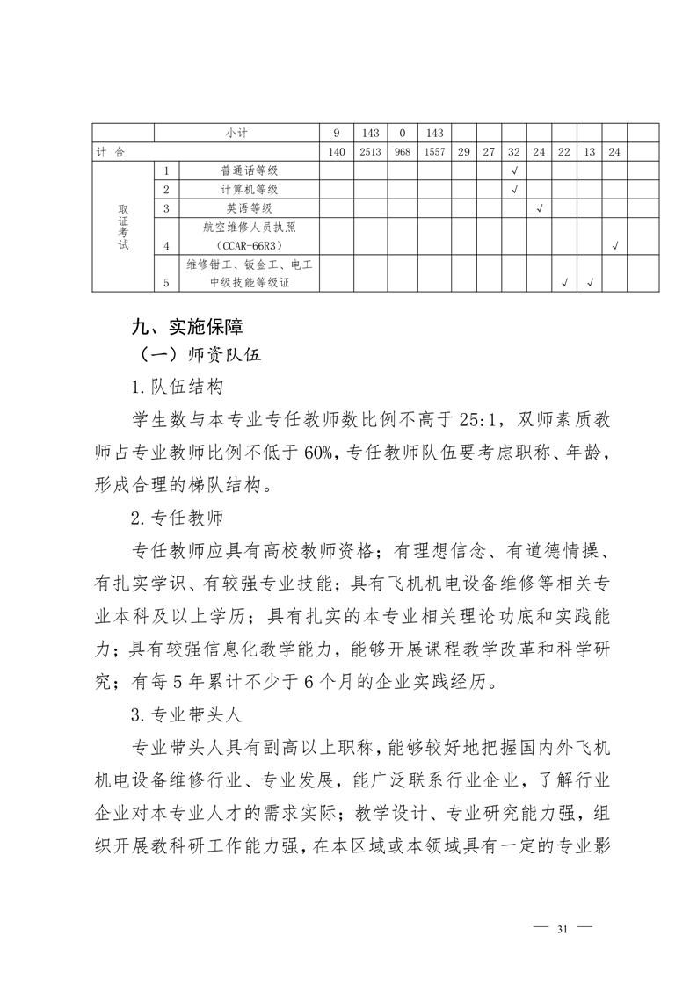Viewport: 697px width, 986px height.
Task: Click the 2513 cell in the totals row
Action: (370, 152)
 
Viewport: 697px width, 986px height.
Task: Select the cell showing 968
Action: (402, 152)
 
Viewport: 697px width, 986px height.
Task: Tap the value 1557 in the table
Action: (434, 152)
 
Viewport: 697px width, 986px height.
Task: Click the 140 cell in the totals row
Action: (336, 152)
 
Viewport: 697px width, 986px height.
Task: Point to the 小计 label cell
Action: (236, 134)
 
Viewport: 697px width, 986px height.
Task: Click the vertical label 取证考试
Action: (123, 228)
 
